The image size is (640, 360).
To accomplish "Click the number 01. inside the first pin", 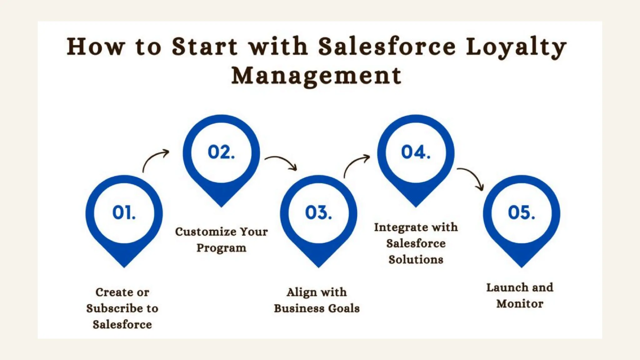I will (x=124, y=212).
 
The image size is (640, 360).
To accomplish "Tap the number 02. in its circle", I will (x=221, y=152).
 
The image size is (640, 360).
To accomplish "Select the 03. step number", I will (x=318, y=212).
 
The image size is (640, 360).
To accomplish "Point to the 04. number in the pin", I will (x=416, y=152).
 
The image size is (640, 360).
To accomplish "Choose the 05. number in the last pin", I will (x=521, y=212).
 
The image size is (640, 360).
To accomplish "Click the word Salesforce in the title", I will (x=387, y=47).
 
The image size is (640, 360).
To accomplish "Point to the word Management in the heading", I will (x=316, y=76).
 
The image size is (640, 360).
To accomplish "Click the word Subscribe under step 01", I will (x=114, y=308).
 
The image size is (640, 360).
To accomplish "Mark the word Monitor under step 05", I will (x=520, y=303).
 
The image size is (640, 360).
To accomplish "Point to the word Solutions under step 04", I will (x=416, y=260).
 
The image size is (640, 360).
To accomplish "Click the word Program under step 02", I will (x=221, y=248).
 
